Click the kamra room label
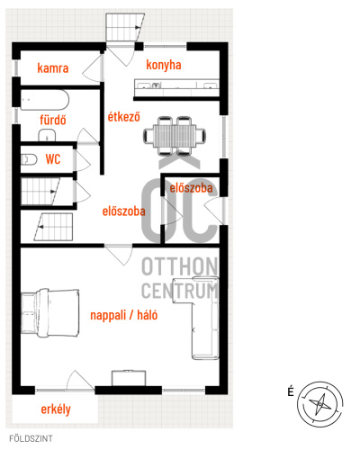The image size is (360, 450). coord(53,68)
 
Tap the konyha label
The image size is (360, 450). coord(164,65)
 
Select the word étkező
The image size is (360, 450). coord(124,116)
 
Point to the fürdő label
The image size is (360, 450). coord(53,120)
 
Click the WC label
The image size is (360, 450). coord(53,159)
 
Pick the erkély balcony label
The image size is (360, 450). coord(56,409)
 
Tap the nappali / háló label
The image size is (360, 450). coord(124,315)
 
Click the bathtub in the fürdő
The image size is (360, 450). coord(45,100)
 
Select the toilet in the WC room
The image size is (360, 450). coord(29,159)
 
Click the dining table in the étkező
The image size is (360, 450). coord(175,136)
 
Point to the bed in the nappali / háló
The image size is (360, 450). coord(50,313)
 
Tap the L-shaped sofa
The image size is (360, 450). coord(195,319)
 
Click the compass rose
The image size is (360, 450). coord(320,404)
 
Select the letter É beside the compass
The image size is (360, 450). coord(291,391)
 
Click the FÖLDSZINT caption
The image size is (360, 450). coord(31,438)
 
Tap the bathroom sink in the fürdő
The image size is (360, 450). coord(47,135)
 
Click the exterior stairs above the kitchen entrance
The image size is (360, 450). coord(124,27)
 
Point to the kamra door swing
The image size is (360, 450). coord(92,68)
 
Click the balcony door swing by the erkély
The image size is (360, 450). coord(80,380)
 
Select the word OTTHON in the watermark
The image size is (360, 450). coord(179,266)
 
